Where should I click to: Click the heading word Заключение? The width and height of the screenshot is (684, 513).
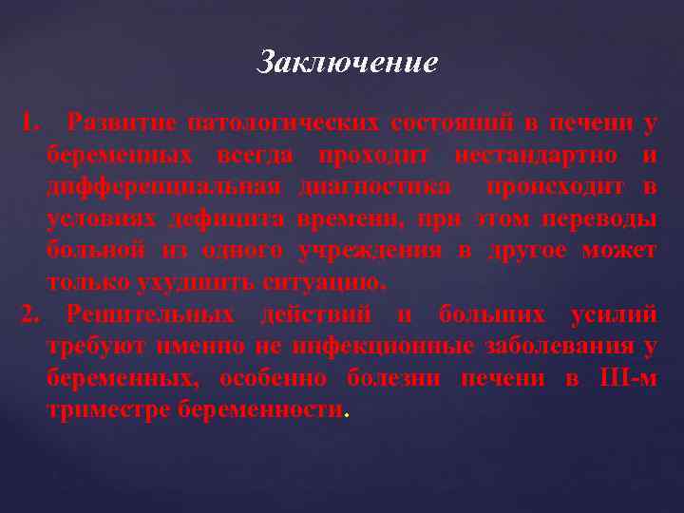348,64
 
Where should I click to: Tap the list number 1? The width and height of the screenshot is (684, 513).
28,123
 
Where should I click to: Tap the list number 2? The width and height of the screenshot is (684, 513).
28,314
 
